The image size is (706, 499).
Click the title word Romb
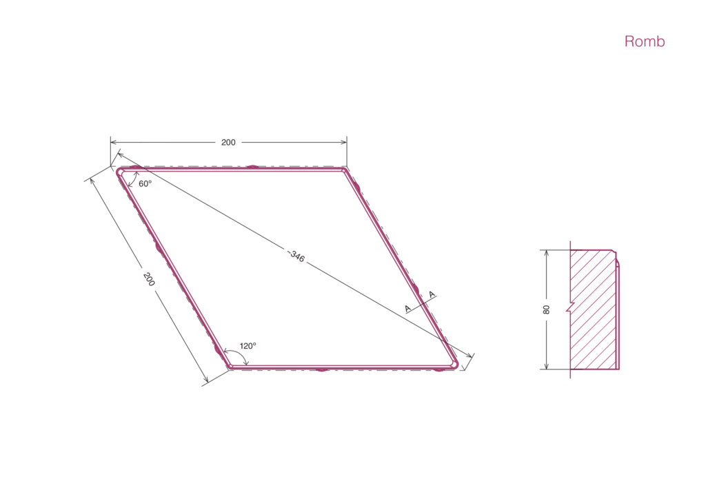point(645,41)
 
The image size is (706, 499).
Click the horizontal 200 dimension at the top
point(228,142)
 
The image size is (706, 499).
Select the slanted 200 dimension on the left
point(149,279)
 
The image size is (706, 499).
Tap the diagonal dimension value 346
point(296,256)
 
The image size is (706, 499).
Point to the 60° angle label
point(145,183)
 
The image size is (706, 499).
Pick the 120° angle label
point(248,345)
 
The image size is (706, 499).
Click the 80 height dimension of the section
point(546,309)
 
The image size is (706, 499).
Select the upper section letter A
point(432,295)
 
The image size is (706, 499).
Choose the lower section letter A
point(408,309)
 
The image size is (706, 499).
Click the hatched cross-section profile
point(594,309)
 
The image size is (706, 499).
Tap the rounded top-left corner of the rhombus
point(121,172)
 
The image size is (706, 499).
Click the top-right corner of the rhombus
point(345,170)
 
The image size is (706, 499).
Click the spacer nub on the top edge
point(252,167)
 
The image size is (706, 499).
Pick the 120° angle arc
point(239,352)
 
